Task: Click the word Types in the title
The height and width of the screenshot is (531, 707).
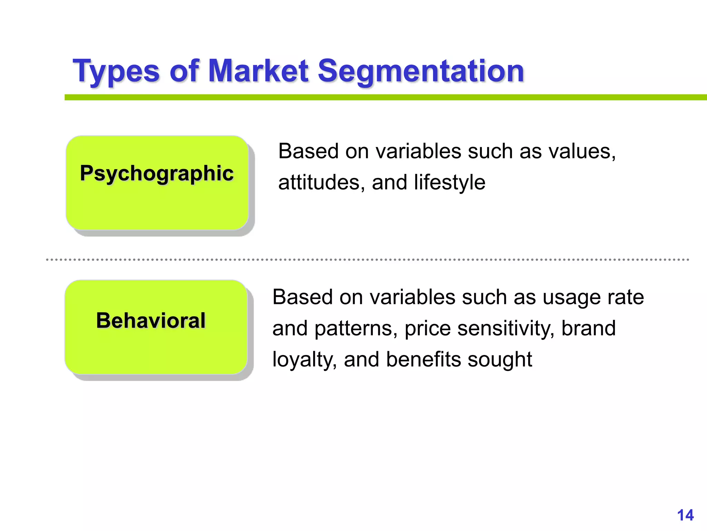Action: [x=116, y=72]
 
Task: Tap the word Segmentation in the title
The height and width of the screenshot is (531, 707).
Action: [x=420, y=72]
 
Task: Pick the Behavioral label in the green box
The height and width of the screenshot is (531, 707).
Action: [x=151, y=320]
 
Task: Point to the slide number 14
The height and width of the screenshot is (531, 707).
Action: [x=685, y=515]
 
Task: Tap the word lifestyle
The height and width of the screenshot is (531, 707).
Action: [x=449, y=183]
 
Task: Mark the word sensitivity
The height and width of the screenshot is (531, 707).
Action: [x=506, y=328]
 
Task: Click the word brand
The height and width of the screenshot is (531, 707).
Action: [x=588, y=328]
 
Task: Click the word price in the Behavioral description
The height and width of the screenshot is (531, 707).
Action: [x=427, y=329]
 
